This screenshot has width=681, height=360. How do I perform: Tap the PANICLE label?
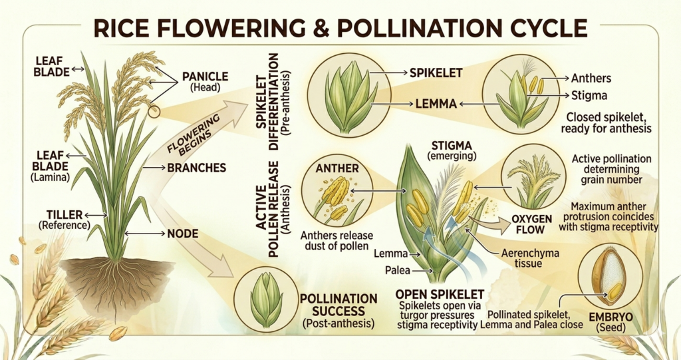(205, 77)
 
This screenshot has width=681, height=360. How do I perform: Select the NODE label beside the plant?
(183, 234)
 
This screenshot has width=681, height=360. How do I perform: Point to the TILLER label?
(65, 215)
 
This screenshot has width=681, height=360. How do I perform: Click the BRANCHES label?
(197, 168)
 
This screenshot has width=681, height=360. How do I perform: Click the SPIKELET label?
(436, 73)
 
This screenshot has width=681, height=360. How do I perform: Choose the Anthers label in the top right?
(591, 79)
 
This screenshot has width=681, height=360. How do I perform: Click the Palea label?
(398, 270)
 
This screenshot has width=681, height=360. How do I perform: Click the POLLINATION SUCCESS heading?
(339, 305)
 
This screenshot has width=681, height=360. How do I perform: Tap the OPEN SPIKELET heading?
(440, 294)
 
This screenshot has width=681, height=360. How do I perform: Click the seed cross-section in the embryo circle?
(611, 275)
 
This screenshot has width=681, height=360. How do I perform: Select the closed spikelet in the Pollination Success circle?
(266, 300)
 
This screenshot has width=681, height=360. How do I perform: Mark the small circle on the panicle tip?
(154, 112)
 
